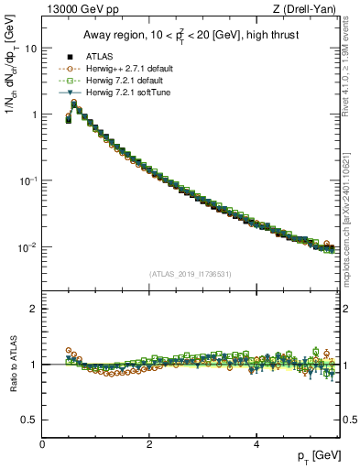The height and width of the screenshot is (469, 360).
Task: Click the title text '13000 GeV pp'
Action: point(76,10)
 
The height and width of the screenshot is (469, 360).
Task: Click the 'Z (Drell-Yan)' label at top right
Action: point(308,10)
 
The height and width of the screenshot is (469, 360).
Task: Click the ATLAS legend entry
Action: point(100,56)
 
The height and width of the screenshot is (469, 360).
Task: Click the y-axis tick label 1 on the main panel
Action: point(34,115)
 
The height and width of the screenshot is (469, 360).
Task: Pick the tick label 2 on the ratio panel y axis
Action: point(34,309)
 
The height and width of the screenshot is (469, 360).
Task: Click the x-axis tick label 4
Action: point(256,444)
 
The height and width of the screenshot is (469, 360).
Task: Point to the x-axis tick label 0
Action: point(42,444)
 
